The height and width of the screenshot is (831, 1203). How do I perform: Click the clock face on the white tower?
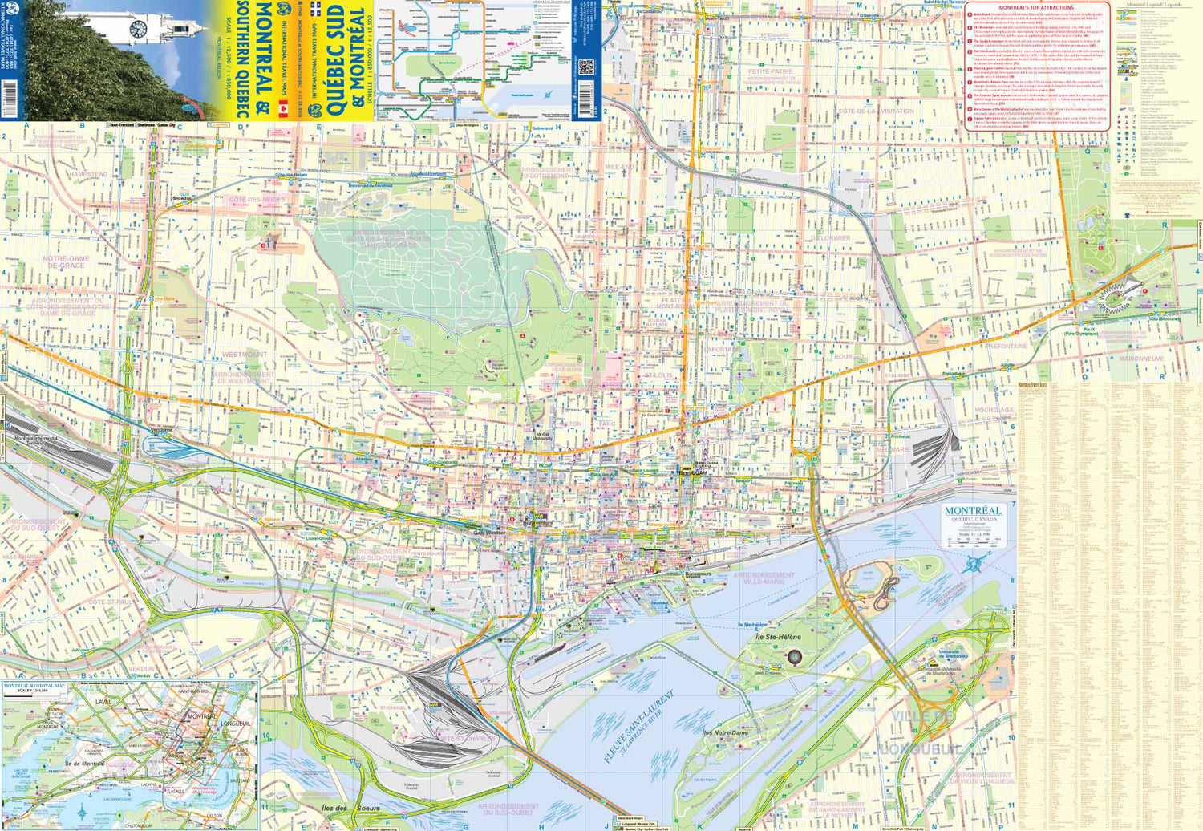click(137, 29)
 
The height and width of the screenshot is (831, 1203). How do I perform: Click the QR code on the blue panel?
click(585, 67)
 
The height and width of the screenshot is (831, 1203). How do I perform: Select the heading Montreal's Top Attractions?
click(1036, 7)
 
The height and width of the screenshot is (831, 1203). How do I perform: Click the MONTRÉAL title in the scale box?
click(973, 511)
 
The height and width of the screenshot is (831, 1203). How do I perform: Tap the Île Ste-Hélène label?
click(777, 637)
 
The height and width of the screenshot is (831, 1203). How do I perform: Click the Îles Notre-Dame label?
click(724, 732)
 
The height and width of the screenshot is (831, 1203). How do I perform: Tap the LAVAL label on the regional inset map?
click(103, 702)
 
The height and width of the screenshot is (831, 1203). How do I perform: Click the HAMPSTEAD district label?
click(87, 174)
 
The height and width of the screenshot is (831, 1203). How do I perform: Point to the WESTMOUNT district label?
click(245, 354)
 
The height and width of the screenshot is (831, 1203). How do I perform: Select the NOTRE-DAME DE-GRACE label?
click(67, 262)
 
